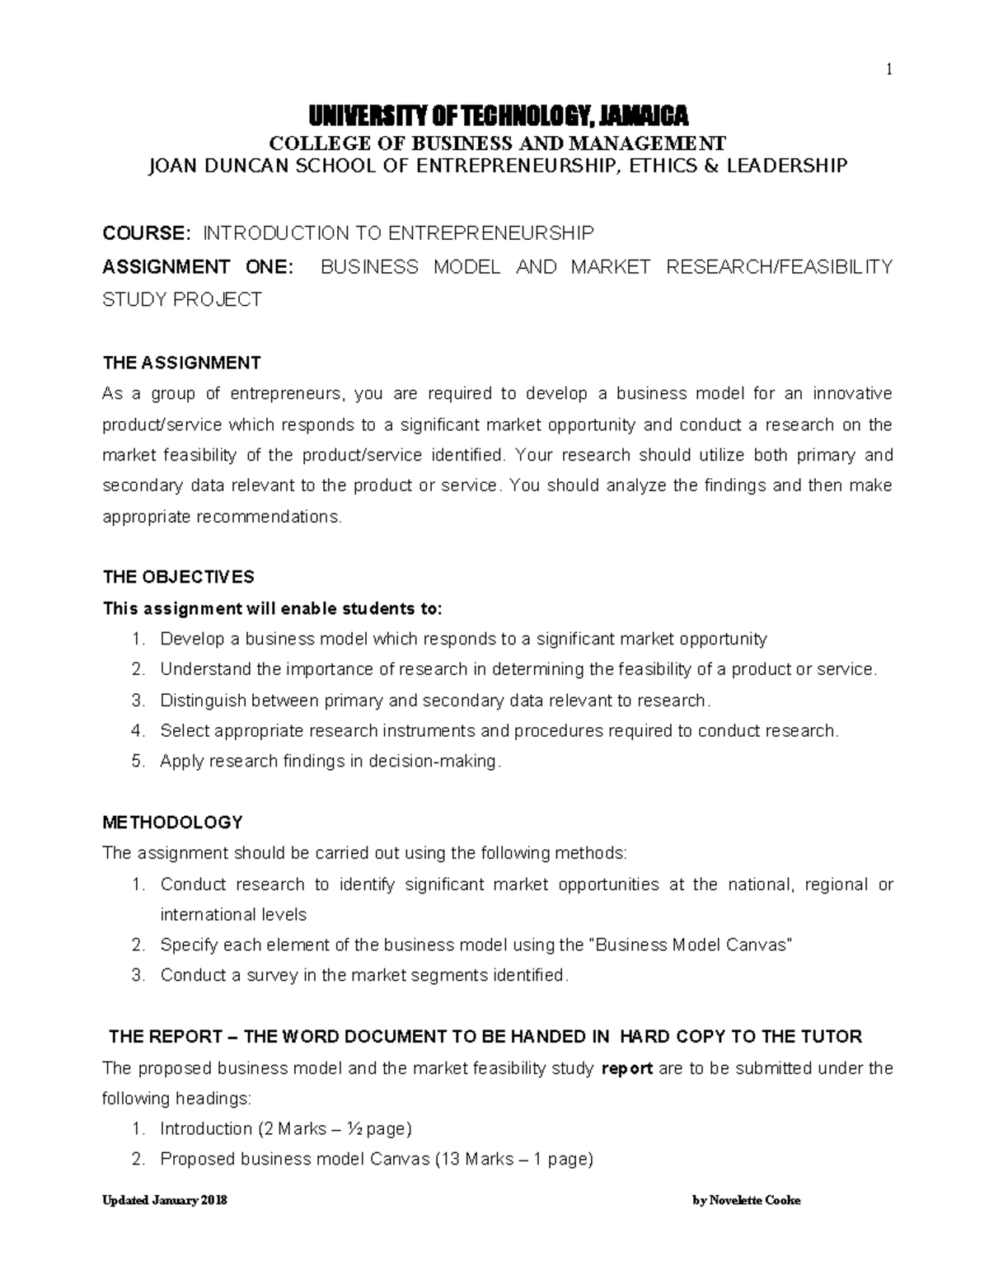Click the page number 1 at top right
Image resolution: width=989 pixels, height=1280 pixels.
point(888,70)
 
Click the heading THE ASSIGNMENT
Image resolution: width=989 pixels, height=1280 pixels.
point(181,363)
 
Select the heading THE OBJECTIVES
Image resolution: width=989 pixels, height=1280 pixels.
point(178,576)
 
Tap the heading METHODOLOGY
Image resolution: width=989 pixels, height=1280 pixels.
point(172,822)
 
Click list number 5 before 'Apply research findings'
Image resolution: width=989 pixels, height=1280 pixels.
point(138,762)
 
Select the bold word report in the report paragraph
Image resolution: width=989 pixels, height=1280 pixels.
point(628,1069)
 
